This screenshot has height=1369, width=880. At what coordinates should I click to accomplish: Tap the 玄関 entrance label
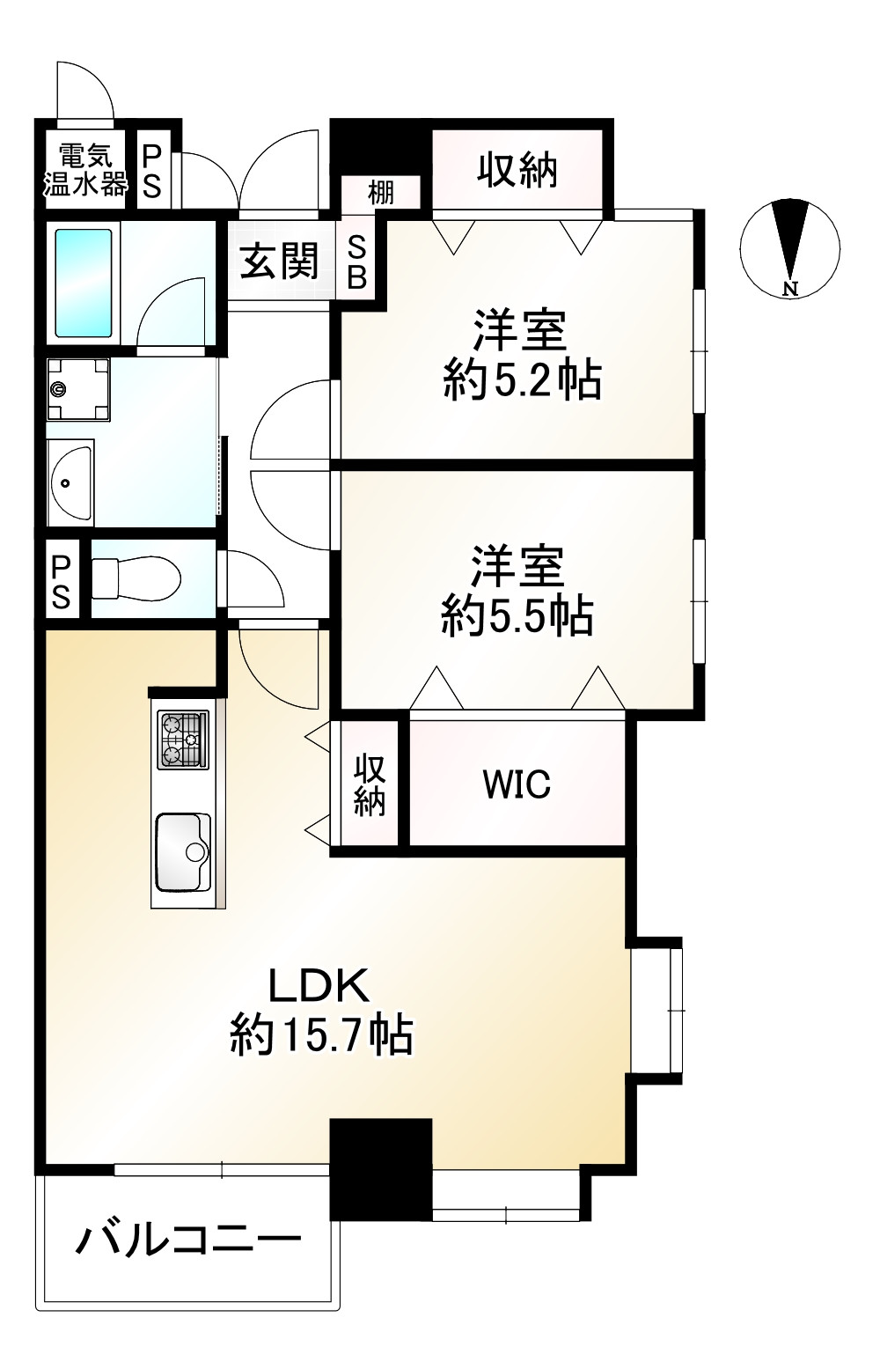[x=280, y=261]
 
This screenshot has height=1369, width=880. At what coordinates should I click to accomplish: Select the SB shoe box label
[x=357, y=262]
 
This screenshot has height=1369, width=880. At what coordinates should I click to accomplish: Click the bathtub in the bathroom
[x=84, y=283]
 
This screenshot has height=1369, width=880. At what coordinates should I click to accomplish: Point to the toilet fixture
[x=136, y=578]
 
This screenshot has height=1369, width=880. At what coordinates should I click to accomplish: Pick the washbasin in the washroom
[x=70, y=483]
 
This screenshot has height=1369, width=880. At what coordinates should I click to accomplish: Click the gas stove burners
[x=183, y=740]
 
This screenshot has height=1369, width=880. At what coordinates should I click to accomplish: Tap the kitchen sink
[x=183, y=851]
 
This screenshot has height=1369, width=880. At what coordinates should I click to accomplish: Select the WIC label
[x=517, y=783]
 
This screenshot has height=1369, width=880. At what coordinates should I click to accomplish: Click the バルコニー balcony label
[x=188, y=1242]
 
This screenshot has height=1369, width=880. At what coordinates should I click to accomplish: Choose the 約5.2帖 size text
[x=523, y=381]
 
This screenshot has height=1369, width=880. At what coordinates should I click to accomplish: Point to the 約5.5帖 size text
[x=517, y=615]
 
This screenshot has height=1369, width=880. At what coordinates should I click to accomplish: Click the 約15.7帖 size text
[x=322, y=1035]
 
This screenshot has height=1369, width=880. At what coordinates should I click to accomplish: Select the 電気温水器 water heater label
[x=85, y=170]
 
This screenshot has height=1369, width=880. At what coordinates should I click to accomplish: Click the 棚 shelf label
[x=380, y=192]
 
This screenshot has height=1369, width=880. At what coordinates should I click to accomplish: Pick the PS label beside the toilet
[x=61, y=581]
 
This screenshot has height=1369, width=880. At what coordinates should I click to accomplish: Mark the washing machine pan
[x=77, y=389]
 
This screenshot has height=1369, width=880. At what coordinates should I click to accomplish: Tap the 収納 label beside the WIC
[x=370, y=783]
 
